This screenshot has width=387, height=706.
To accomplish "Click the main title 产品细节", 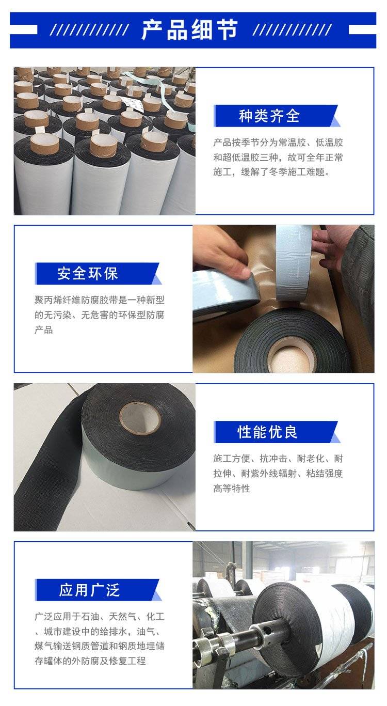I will (x=189, y=29).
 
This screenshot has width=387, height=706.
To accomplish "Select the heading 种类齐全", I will (x=269, y=116).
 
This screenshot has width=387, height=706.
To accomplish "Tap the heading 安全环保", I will (x=88, y=274).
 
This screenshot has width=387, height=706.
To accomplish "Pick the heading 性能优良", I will (x=268, y=432).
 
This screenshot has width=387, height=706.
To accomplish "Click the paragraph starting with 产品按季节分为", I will (x=278, y=157).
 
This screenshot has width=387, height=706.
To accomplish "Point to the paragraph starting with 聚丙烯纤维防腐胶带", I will (x=99, y=315).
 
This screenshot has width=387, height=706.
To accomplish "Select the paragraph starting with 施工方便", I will (x=278, y=473).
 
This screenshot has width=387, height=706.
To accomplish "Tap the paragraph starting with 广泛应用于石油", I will (x=99, y=638).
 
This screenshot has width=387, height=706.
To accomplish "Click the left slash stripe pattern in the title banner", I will (x=91, y=30).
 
